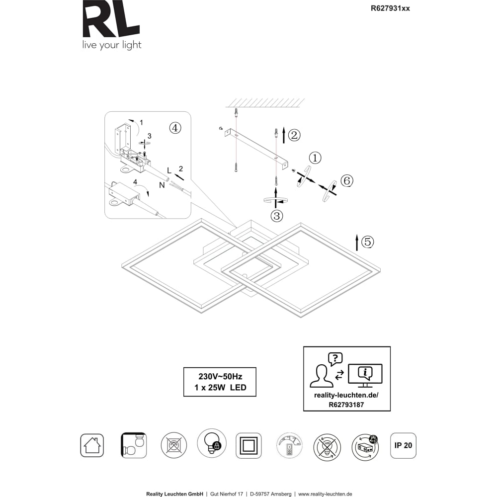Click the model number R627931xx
(390, 8)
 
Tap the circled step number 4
(175, 128)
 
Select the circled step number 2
(294, 135)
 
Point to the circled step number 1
(315, 158)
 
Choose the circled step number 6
(347, 181)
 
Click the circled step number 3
(277, 216)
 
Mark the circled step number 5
(368, 242)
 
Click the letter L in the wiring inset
(169, 171)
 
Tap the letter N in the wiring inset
(162, 185)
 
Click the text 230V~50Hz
(220, 377)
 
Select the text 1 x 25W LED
(220, 387)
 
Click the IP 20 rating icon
(403, 445)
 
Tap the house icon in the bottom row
(92, 445)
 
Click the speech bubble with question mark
(335, 359)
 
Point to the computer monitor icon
(365, 375)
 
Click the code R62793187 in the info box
(346, 405)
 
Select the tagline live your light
(111, 45)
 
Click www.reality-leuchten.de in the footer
(325, 494)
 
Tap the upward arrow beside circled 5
(357, 243)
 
